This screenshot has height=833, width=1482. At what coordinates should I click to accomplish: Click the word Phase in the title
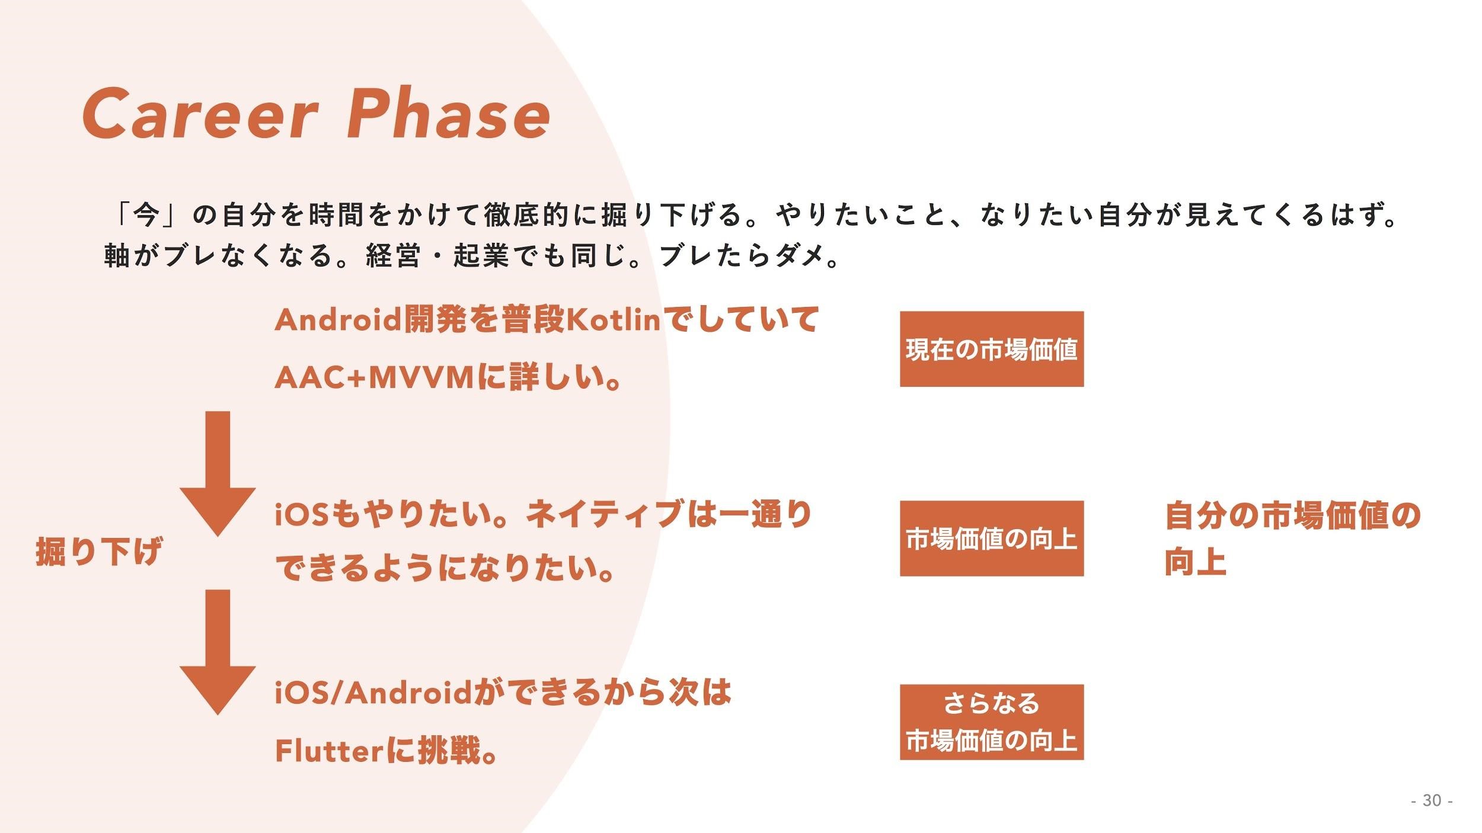[448, 114]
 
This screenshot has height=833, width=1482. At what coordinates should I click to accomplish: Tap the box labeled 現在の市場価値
[991, 349]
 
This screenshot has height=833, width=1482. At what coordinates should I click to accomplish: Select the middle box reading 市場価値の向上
[991, 538]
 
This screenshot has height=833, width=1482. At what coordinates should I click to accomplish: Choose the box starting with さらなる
[991, 722]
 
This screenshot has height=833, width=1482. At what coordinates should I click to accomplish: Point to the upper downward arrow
[218, 474]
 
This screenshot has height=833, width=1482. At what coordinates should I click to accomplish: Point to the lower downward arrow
[218, 652]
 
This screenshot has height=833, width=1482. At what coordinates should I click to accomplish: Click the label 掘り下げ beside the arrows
[98, 551]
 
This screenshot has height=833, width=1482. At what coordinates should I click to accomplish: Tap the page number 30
[1431, 800]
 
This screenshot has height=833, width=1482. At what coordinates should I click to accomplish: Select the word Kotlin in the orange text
[614, 321]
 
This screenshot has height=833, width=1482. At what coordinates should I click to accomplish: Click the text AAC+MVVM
[375, 378]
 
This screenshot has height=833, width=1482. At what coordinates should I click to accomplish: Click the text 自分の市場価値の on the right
[1292, 515]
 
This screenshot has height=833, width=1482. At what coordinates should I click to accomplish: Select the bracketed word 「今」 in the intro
[145, 214]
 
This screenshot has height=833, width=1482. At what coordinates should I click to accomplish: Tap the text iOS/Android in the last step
[372, 693]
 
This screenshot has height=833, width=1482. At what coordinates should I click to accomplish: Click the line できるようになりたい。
[445, 569]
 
